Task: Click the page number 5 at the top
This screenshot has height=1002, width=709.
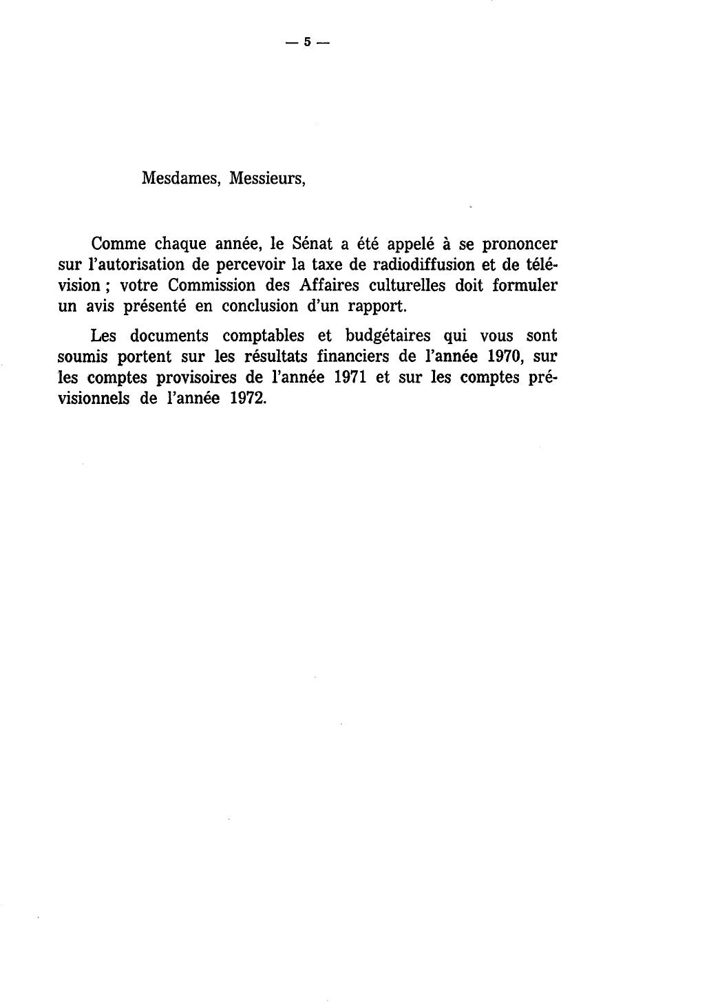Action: pyautogui.click(x=308, y=42)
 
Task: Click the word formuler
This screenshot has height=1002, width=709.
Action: pyautogui.click(x=525, y=285)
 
